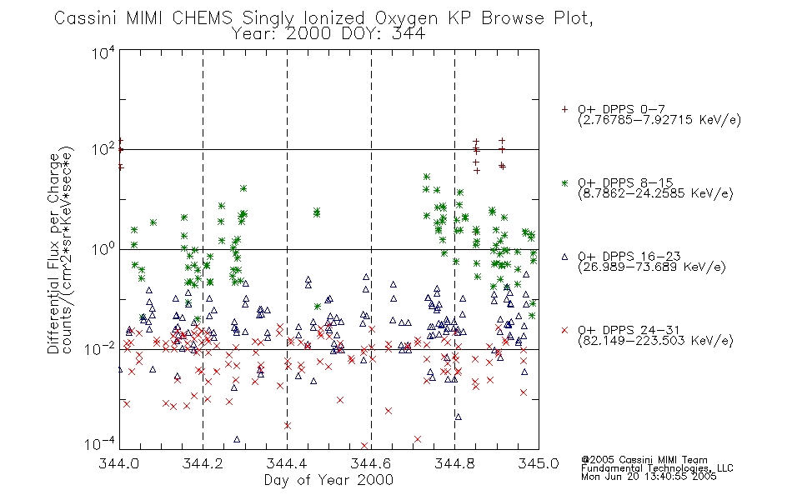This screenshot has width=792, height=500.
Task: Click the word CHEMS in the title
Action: [202, 18]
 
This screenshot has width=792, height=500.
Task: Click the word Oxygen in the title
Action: [406, 19]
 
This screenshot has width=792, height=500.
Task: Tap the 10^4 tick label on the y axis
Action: [103, 52]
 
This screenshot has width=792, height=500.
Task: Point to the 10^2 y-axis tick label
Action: [103, 150]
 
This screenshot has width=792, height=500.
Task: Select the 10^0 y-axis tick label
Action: [103, 249]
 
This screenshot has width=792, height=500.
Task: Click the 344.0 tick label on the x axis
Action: [118, 463]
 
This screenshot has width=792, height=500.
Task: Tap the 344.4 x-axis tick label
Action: [287, 463]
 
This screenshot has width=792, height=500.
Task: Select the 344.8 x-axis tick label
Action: [454, 463]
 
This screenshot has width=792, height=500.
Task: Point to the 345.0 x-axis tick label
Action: [539, 463]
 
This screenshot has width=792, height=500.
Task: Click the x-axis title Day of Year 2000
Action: [328, 480]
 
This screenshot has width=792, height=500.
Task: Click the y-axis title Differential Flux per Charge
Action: [53, 253]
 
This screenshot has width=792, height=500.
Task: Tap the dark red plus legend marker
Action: [564, 109]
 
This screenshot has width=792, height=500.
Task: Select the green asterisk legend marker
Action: [564, 183]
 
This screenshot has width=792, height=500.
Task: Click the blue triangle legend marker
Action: [564, 257]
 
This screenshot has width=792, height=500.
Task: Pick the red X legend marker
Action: [564, 330]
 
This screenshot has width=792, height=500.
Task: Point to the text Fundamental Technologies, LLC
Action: [657, 468]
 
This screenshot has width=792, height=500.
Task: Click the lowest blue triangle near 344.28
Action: [237, 439]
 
